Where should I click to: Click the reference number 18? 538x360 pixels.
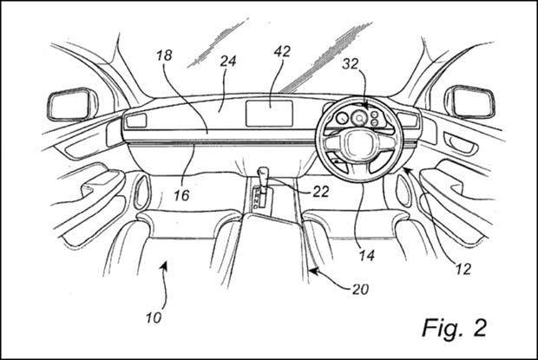pos(164,56)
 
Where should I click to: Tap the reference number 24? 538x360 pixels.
pos(228,61)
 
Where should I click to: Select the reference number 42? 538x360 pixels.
pos(282,51)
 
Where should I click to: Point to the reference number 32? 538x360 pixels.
pos(350,64)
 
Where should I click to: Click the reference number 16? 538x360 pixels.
pos(181,195)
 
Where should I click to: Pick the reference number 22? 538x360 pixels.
pos(321,192)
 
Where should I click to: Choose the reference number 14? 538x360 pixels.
pos(366,255)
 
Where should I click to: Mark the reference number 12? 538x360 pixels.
pos(463,269)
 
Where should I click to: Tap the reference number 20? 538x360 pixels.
pos(360,290)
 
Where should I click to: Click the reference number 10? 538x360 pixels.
pos(154,317)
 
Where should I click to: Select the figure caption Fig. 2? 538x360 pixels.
pos(455,328)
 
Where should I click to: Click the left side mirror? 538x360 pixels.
pos(72,104)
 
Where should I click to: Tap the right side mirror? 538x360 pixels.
pos(469,101)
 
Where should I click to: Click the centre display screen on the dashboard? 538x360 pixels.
pos(269,114)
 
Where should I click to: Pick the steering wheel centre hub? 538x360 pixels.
pos(358,145)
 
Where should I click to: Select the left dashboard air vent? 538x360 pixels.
pos(136,121)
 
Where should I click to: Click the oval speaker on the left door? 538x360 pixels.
pos(141,193)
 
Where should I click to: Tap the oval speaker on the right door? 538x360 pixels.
pos(403,190)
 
